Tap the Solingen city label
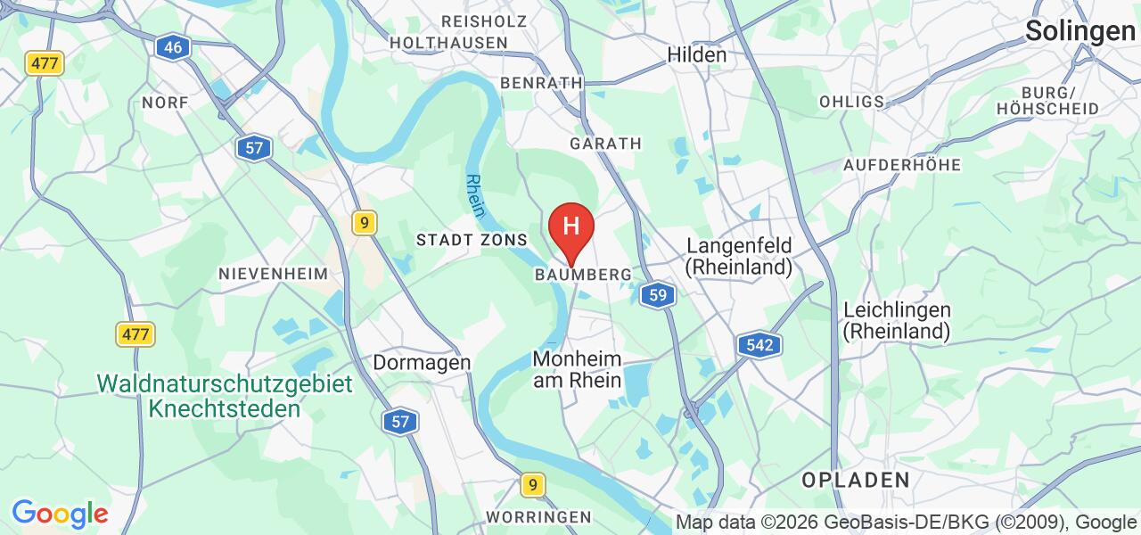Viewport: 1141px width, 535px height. click(1079, 31)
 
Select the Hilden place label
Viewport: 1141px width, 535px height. click(696, 54)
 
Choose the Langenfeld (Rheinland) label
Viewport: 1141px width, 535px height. click(738, 256)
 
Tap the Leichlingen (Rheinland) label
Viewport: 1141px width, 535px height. click(897, 321)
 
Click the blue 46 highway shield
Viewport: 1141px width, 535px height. click(173, 47)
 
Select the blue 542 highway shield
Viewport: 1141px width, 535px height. click(759, 345)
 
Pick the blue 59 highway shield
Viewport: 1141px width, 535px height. click(658, 295)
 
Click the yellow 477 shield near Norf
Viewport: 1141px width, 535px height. click(45, 63)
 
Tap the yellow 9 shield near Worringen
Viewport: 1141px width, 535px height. click(532, 485)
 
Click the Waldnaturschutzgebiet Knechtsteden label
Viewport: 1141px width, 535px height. click(225, 397)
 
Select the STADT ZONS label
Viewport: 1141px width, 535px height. click(472, 240)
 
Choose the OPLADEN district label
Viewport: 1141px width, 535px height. click(855, 480)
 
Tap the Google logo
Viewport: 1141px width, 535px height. click(59, 514)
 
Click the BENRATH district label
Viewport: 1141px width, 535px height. click(541, 83)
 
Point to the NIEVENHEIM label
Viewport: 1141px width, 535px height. click(274, 275)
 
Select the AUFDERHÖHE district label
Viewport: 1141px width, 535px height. click(901, 165)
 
